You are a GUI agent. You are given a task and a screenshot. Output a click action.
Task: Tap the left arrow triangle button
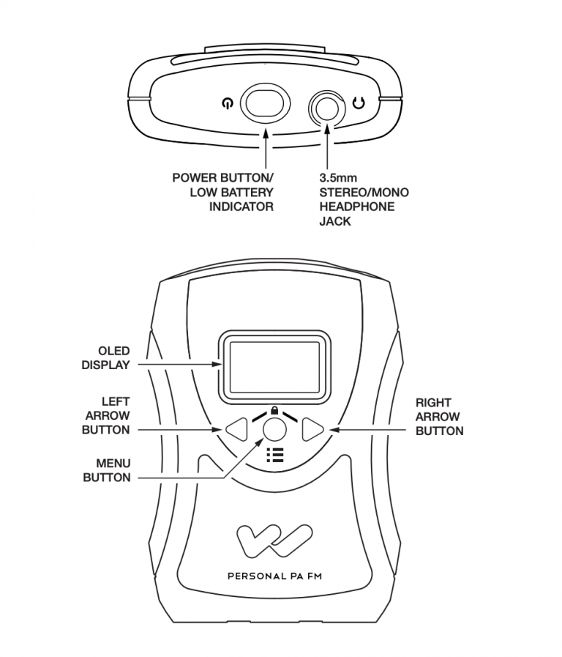(x=236, y=429)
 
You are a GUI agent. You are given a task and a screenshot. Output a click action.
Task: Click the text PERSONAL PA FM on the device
(x=275, y=576)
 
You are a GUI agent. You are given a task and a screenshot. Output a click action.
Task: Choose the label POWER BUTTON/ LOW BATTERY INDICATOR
(x=222, y=192)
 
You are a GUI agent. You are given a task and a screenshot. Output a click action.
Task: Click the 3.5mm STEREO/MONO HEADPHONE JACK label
(x=364, y=199)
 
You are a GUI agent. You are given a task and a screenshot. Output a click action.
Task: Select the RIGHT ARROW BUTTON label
(x=439, y=416)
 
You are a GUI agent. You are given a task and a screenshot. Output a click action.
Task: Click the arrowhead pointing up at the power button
(x=264, y=130)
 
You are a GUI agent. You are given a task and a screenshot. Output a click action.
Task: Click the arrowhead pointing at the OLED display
(x=217, y=363)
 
